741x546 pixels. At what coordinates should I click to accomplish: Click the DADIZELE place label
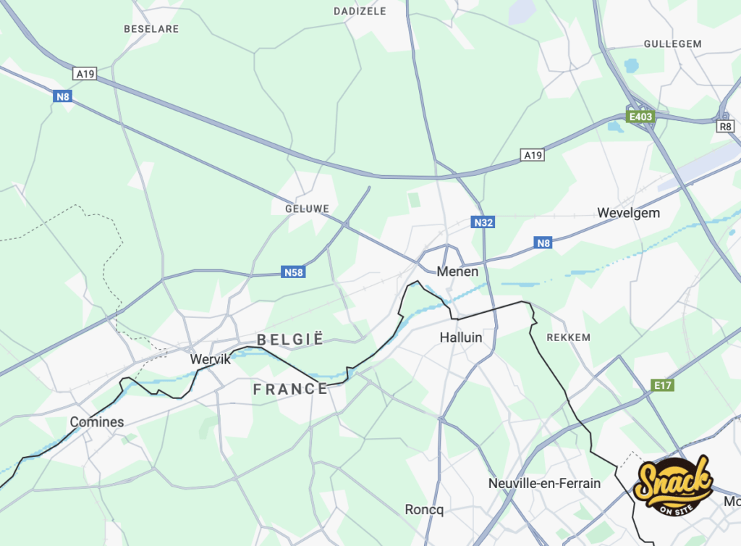[x=360, y=12]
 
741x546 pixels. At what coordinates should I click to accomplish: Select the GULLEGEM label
[x=672, y=44]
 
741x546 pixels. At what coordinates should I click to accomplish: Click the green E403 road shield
[x=640, y=117]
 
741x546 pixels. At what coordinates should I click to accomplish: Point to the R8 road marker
[x=725, y=126]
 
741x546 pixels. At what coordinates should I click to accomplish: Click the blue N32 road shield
[x=483, y=222]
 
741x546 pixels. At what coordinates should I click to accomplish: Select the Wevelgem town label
[x=628, y=213]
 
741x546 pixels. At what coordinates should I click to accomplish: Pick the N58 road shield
[x=292, y=273]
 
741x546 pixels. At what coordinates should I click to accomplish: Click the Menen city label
[x=457, y=272]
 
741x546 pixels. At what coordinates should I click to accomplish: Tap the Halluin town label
[x=461, y=337]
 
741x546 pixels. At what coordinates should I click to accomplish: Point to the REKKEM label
[x=569, y=337]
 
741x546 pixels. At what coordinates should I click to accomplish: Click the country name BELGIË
[x=289, y=340]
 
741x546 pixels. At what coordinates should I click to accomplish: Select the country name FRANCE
[x=290, y=390]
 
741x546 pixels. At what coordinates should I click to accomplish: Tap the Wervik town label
[x=210, y=359]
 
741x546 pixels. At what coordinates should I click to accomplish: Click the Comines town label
[x=96, y=422]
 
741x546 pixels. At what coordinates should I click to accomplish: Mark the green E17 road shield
[x=662, y=385]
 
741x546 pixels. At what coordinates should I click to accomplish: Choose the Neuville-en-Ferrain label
[x=544, y=483]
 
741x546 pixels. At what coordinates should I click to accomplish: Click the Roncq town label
[x=424, y=510]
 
